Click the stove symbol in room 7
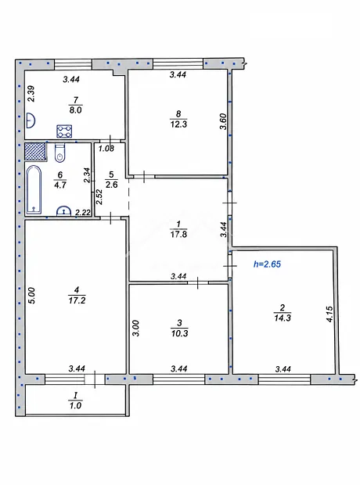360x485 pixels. coord(64,131)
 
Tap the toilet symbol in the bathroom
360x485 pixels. coord(59,153)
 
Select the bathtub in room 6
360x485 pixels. coord(34,190)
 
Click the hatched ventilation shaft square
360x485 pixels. coord(35,151)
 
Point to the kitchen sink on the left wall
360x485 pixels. coord(30,120)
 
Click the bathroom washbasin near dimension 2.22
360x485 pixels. coord(63,210)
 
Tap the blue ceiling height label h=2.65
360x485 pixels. coord(267,264)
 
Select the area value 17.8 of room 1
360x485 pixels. coord(178,234)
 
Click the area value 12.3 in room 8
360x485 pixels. coord(178,124)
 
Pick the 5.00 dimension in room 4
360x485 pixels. coord(33,296)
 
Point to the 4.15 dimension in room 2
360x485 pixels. coord(329,314)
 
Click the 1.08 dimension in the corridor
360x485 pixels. coord(106,149)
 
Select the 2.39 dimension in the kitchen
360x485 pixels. coord(31,94)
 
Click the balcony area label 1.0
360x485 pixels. coord(75,405)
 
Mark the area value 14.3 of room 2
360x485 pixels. coord(283,318)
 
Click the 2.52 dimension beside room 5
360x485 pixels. coord(99,197)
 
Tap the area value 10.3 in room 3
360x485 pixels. coord(179,333)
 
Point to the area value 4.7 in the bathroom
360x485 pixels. coord(59,185)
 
